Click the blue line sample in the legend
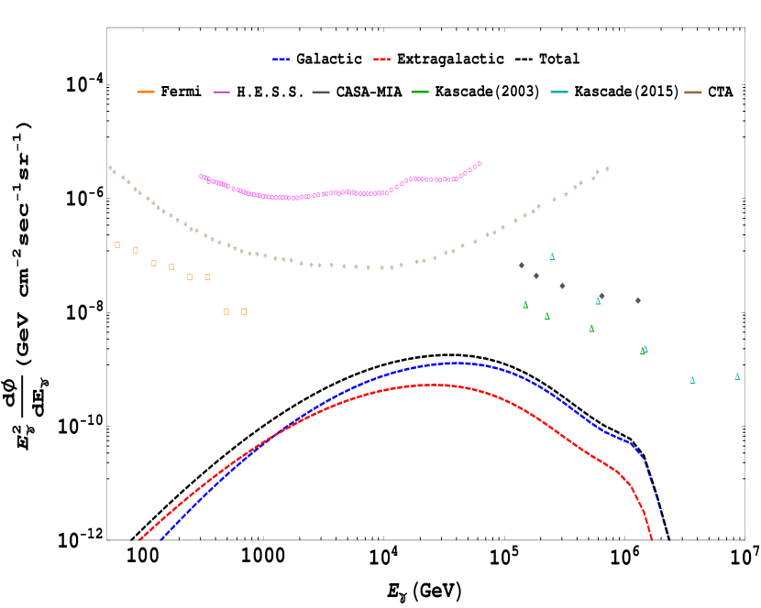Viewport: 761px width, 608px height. [x=281, y=59]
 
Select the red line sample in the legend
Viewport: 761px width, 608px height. [x=381, y=59]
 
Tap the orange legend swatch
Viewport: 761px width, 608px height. [x=146, y=92]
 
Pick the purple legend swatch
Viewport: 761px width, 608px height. [x=222, y=92]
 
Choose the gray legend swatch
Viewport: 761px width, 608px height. [x=321, y=92]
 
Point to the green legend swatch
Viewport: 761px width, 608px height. [x=420, y=92]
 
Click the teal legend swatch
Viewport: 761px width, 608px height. [x=559, y=92]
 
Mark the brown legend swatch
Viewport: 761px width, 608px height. [x=693, y=92]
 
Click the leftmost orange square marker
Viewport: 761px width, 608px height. [x=117, y=244]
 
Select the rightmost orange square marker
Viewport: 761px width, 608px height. [x=244, y=311]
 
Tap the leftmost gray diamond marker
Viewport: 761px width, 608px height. [x=522, y=266]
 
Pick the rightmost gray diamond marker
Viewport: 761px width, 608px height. [x=638, y=300]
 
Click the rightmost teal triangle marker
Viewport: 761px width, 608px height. [x=737, y=376]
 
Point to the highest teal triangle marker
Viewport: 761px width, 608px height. [x=552, y=256]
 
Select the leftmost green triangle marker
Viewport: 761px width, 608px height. [x=525, y=305]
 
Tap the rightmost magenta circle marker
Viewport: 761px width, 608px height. [x=480, y=164]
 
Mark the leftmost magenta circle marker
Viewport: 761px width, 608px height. [x=201, y=176]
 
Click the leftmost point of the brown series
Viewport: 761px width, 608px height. [x=109, y=168]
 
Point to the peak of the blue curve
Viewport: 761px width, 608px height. [x=458, y=363]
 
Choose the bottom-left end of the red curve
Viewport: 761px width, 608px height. [x=139, y=539]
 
